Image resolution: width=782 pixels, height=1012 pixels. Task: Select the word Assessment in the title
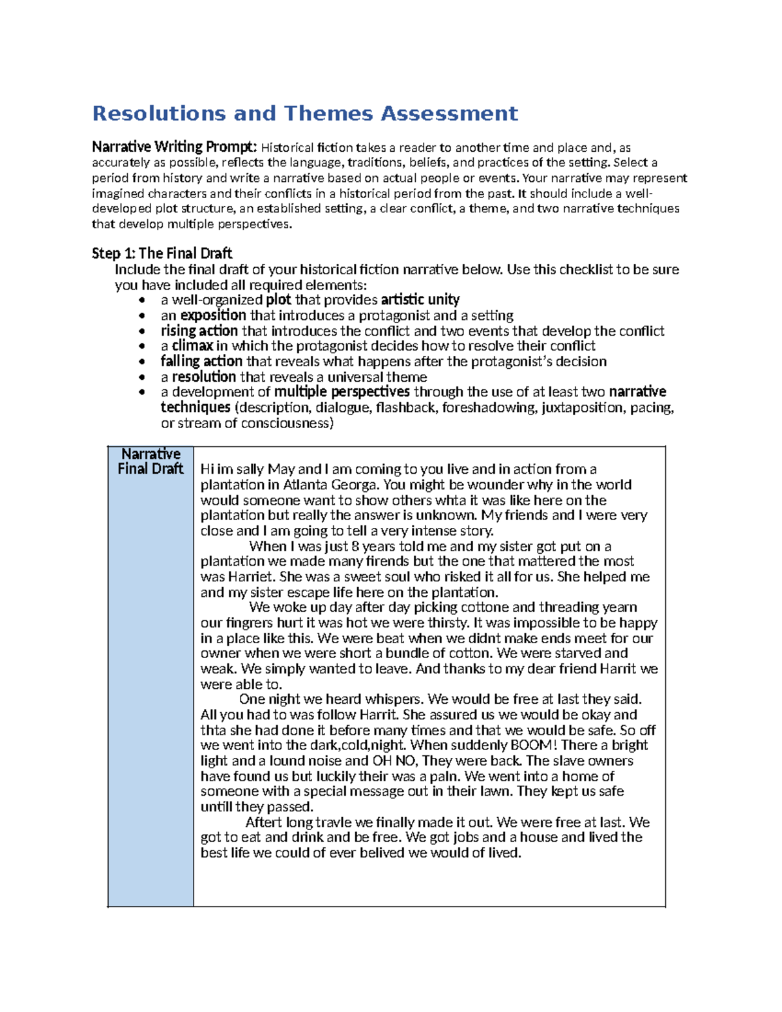tap(449, 113)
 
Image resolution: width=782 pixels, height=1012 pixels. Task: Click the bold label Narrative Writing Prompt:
tap(175, 147)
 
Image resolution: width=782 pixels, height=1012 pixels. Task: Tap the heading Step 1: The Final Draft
tap(162, 253)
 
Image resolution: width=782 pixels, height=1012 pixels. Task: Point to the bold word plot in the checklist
tap(279, 300)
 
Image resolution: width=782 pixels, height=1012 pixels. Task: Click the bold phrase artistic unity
tap(420, 300)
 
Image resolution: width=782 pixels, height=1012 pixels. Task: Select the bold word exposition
tap(213, 315)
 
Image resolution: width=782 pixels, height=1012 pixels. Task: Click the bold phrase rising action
tap(199, 331)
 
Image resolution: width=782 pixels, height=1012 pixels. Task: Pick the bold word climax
tap(192, 346)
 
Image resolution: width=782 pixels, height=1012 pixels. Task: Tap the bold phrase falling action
tap(201, 362)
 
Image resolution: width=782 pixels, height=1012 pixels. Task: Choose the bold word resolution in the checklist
tap(203, 377)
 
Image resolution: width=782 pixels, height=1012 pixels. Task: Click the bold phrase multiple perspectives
tap(341, 392)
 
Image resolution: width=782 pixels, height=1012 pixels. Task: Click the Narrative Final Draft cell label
tap(151, 461)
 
